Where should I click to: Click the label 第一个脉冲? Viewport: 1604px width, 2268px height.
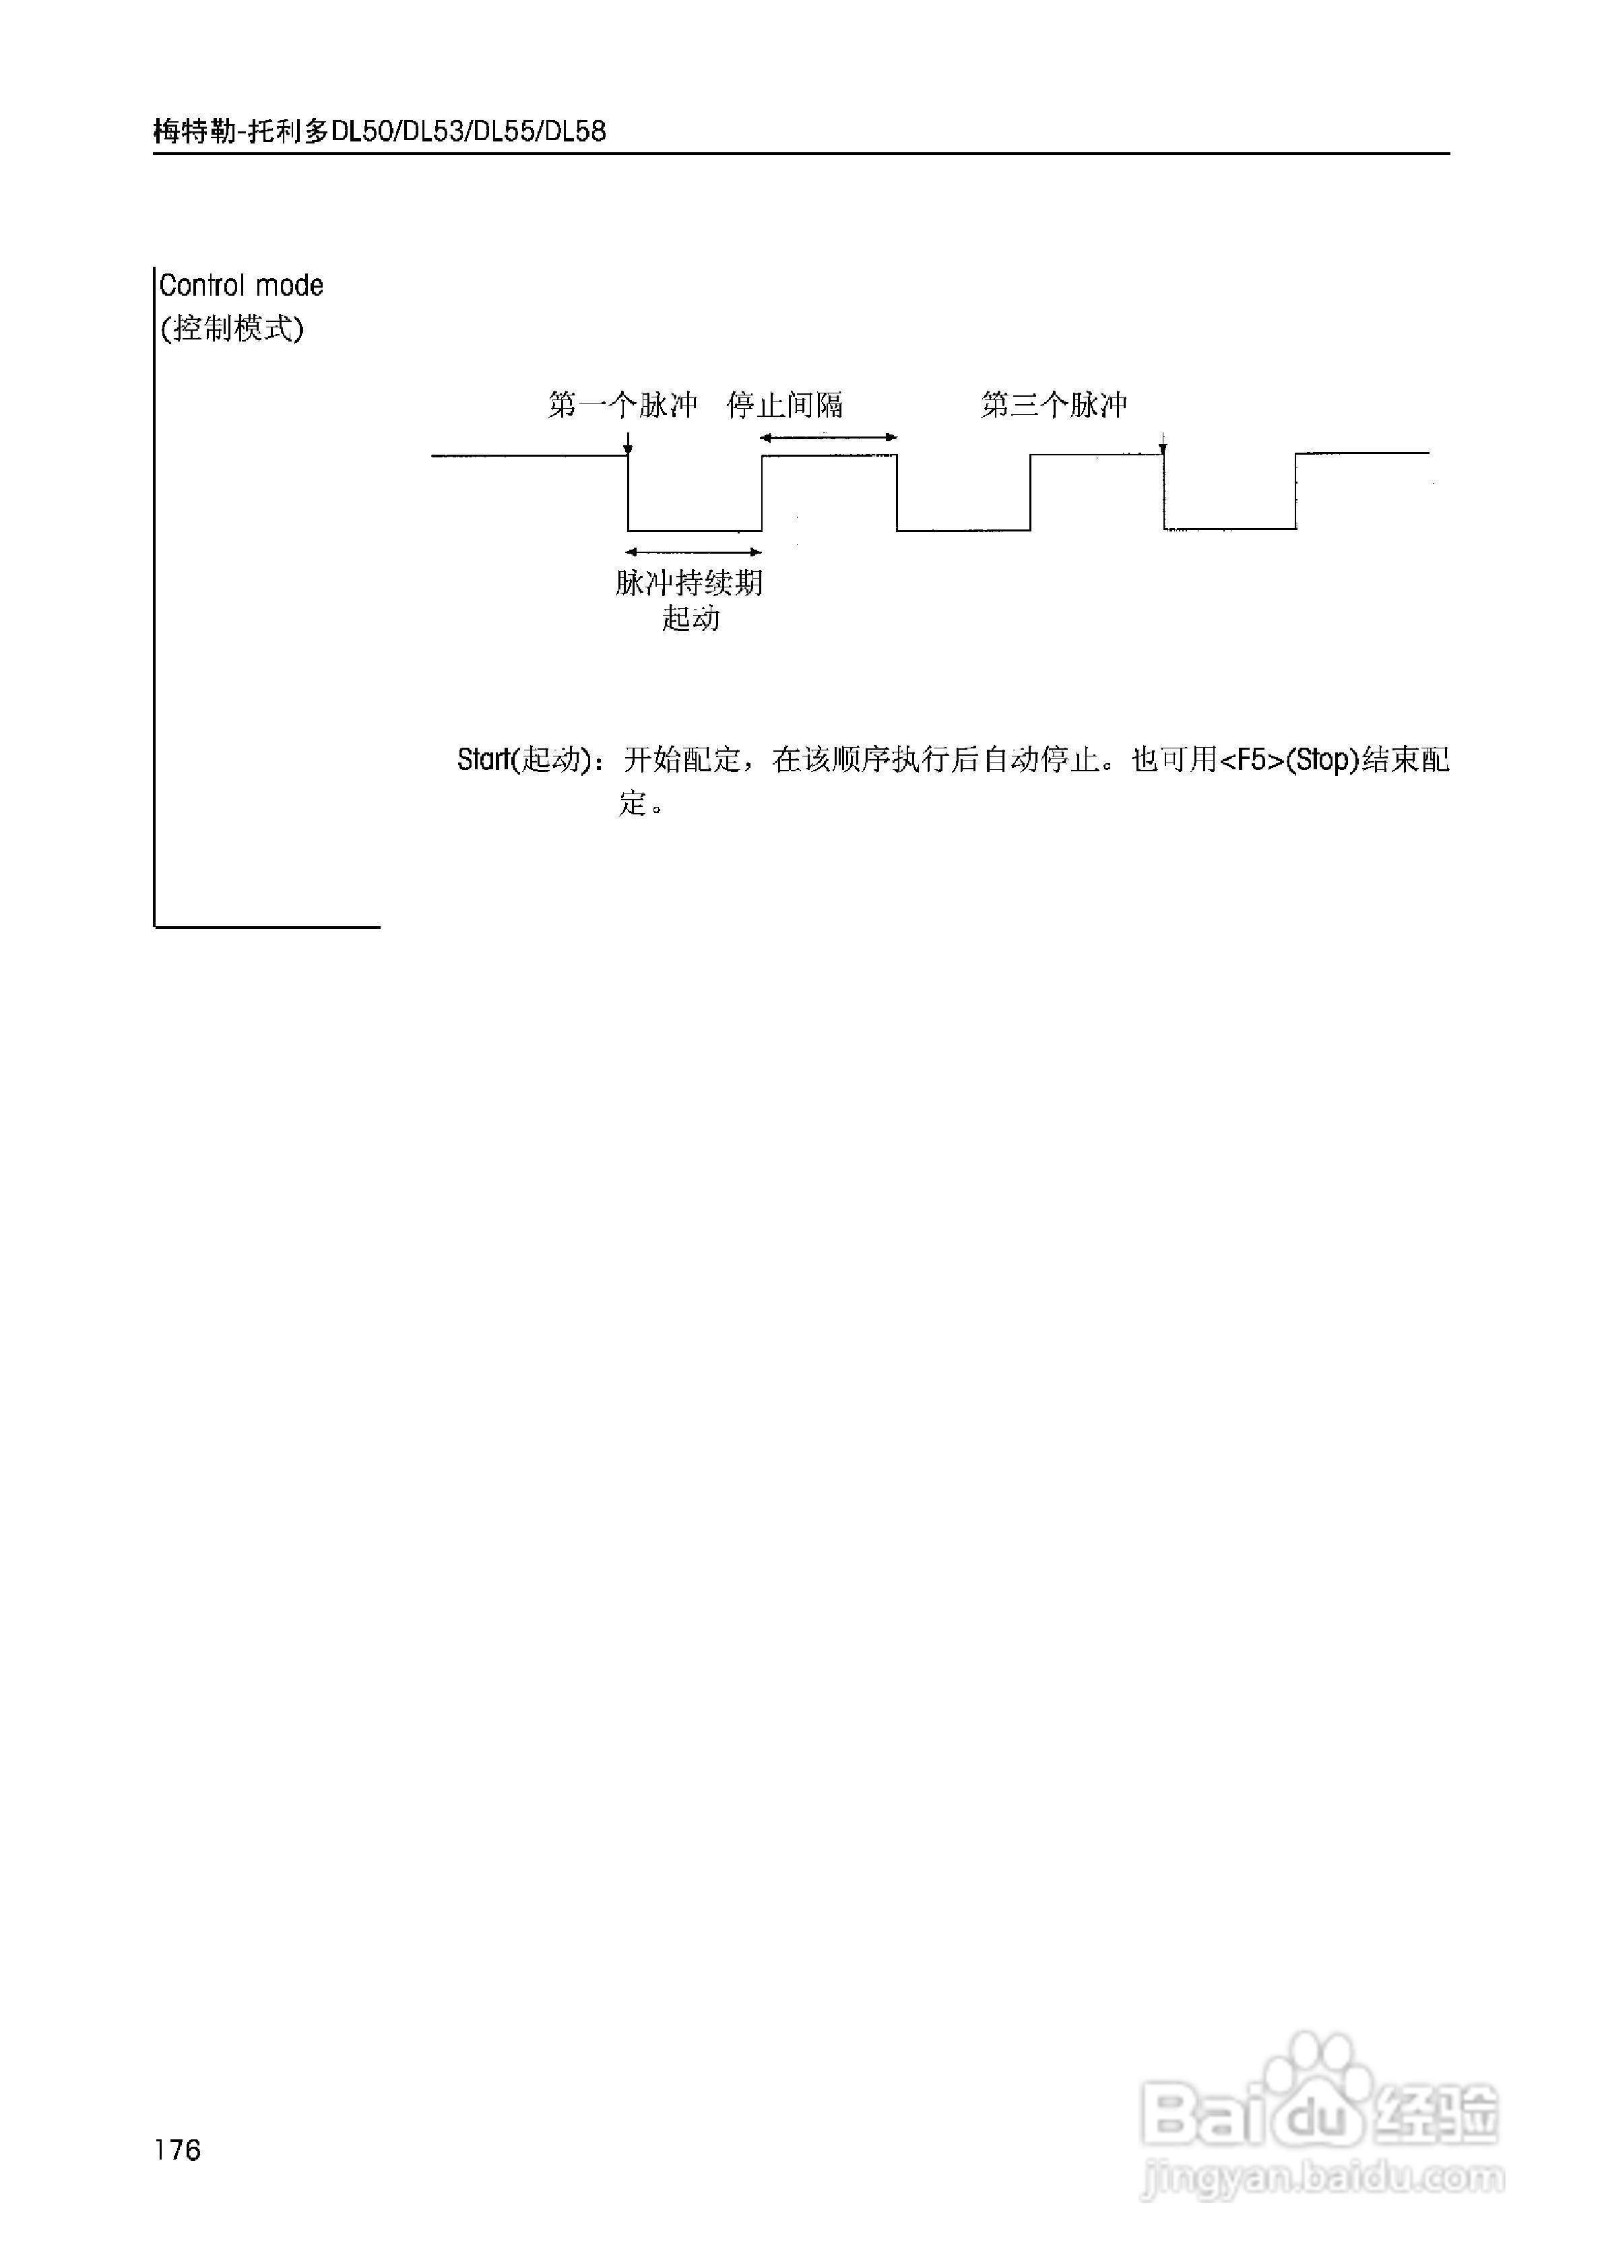pyautogui.click(x=622, y=405)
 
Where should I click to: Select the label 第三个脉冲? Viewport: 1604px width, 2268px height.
pyautogui.click(x=1053, y=405)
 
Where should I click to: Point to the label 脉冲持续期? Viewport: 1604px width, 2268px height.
pyautogui.click(x=688, y=583)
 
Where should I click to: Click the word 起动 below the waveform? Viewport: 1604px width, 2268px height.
pyautogui.click(x=691, y=619)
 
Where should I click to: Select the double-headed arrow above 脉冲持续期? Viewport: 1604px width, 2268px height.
pyautogui.click(x=695, y=552)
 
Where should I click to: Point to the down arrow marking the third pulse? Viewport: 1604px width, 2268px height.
pyautogui.click(x=1163, y=445)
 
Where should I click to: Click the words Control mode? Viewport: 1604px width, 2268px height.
pyautogui.click(x=241, y=286)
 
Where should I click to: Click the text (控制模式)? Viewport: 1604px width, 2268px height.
pyautogui.click(x=232, y=328)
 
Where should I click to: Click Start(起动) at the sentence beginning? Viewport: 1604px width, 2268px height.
pyautogui.click(x=523, y=760)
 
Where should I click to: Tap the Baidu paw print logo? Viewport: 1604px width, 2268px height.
pyautogui.click(x=1320, y=2078)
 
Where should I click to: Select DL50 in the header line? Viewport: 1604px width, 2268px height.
pyautogui.click(x=362, y=131)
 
